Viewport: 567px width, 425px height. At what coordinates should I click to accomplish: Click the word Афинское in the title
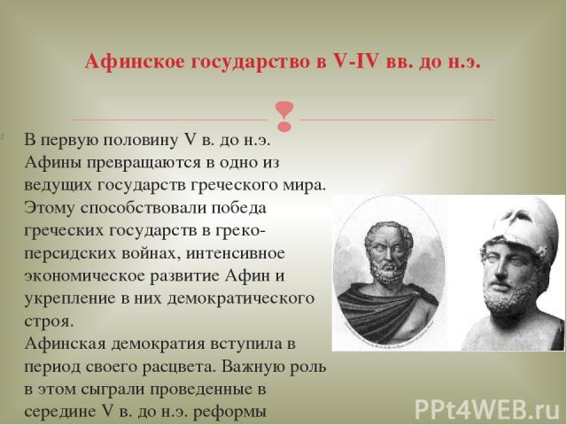coord(134,62)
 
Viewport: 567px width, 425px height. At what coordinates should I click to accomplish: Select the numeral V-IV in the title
coord(354,61)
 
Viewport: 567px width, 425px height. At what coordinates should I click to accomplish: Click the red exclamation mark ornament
coord(284,116)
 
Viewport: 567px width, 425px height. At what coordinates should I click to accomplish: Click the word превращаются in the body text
coord(144,163)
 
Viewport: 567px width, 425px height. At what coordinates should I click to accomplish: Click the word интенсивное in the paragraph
coord(236,253)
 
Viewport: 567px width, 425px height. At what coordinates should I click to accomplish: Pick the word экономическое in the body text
coord(85,276)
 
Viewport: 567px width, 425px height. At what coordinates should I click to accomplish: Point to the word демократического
coord(241,299)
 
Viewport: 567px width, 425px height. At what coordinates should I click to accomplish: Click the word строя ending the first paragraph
coord(49,321)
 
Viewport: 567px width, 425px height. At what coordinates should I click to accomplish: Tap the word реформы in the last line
coord(230,413)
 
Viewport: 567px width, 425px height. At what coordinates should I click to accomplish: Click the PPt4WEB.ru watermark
coord(487,409)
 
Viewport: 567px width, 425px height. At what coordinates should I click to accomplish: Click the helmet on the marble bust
coord(524,231)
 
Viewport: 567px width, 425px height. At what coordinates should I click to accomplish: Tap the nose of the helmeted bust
coord(500,268)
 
